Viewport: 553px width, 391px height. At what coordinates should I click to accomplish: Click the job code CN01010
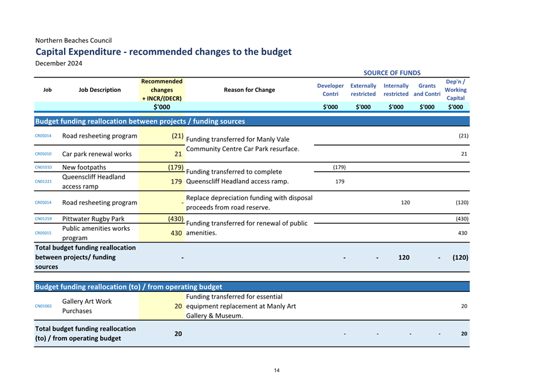(x=43, y=167)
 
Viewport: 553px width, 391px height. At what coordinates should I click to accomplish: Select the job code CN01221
(x=43, y=181)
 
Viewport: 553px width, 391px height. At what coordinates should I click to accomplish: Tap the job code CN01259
(x=43, y=219)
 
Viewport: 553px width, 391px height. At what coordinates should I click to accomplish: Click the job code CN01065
(x=43, y=306)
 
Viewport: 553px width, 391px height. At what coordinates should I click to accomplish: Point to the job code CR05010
(x=43, y=154)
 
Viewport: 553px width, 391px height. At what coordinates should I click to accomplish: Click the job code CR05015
(x=43, y=233)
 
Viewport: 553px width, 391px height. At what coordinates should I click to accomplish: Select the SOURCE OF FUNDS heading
(x=392, y=73)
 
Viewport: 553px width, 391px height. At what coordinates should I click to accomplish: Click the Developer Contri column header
(x=330, y=89)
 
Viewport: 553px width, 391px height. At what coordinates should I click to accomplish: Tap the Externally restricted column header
(x=363, y=89)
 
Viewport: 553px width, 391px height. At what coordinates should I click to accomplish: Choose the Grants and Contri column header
(x=427, y=89)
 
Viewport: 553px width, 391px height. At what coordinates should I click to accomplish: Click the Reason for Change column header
(x=249, y=89)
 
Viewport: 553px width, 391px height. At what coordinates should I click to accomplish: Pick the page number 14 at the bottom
(x=276, y=370)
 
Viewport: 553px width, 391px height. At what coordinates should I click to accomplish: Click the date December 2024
(x=59, y=63)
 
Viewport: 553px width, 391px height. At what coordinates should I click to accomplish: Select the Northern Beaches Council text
(x=74, y=40)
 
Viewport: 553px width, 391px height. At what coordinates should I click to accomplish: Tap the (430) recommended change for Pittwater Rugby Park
(x=176, y=219)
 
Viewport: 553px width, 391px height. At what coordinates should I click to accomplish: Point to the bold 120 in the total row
(x=404, y=257)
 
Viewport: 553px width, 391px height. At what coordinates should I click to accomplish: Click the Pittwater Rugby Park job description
(x=93, y=219)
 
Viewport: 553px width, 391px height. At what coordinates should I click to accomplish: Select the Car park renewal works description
(x=97, y=154)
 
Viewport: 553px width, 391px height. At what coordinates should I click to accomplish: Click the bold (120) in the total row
(x=460, y=257)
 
